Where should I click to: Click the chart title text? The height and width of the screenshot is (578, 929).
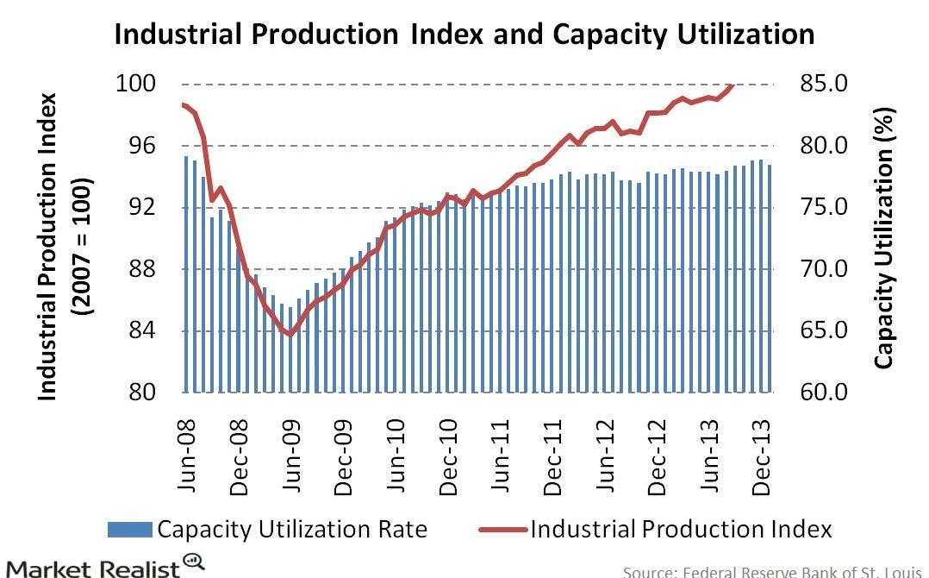click(x=464, y=34)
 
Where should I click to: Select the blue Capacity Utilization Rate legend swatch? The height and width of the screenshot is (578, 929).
click(x=129, y=528)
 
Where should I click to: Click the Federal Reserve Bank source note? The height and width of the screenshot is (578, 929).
click(x=773, y=571)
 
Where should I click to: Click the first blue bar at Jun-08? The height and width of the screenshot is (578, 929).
click(x=186, y=274)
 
